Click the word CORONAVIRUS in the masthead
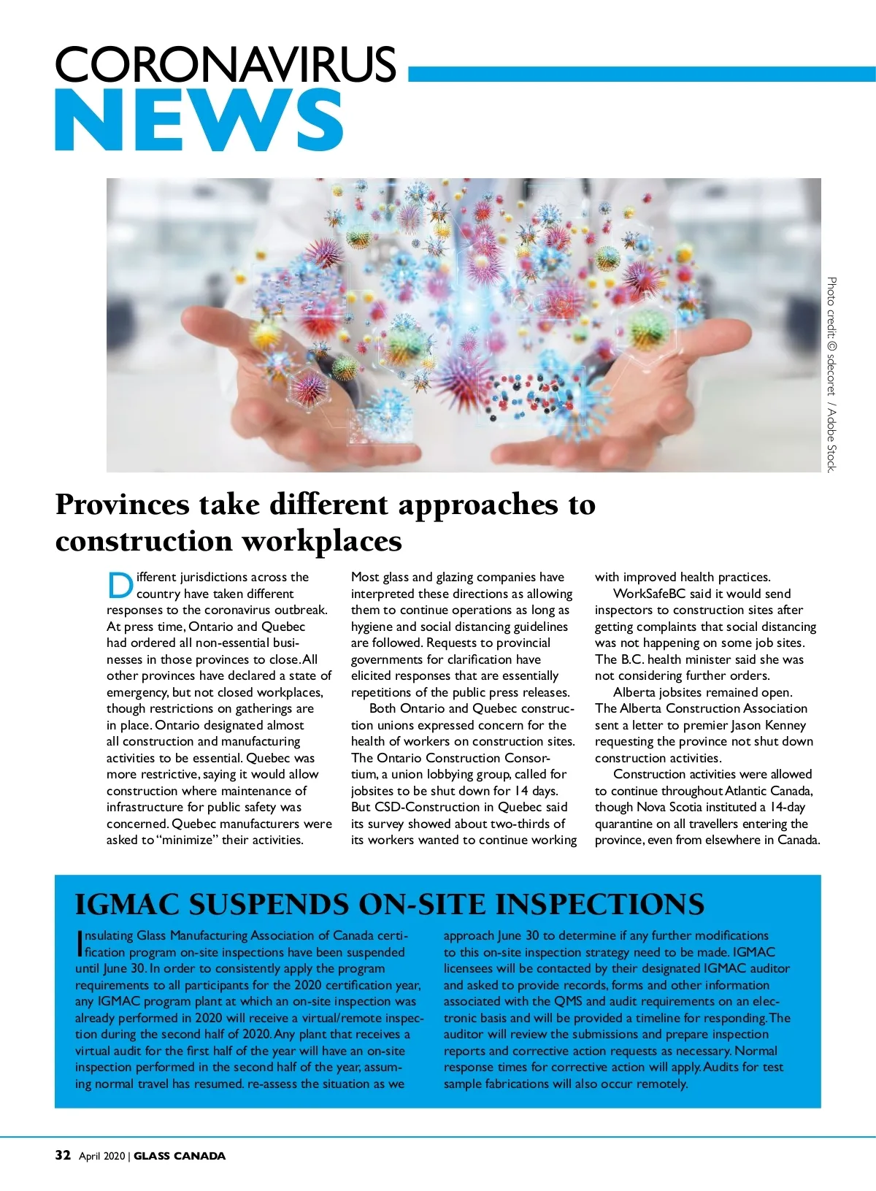pyautogui.click(x=225, y=64)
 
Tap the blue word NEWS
pyautogui.click(x=199, y=120)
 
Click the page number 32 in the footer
pyautogui.click(x=63, y=1155)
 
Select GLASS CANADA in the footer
pyautogui.click(x=180, y=1156)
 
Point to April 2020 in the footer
pyautogui.click(x=101, y=1156)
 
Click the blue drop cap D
pyautogui.click(x=120, y=586)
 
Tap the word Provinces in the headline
pyautogui.click(x=122, y=505)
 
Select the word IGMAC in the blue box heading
pyautogui.click(x=127, y=905)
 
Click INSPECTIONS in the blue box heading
pyautogui.click(x=599, y=905)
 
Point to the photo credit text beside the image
pyautogui.click(x=831, y=374)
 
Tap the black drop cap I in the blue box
pyautogui.click(x=79, y=943)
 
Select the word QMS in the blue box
pyautogui.click(x=568, y=1001)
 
